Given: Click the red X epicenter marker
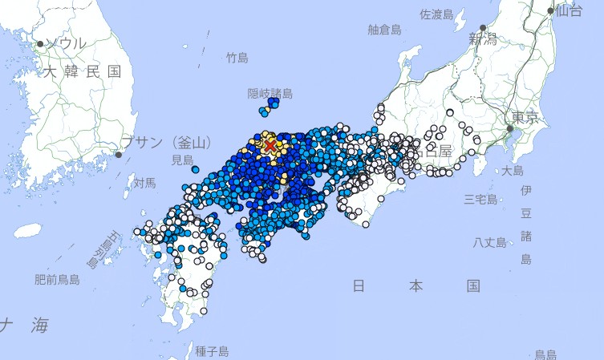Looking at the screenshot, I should [x=270, y=145].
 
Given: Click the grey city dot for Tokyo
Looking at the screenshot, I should [x=509, y=127].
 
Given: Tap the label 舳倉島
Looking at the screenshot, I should [x=384, y=30].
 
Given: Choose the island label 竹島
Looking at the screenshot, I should [x=237, y=58].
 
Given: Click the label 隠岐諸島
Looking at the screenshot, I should [x=269, y=93].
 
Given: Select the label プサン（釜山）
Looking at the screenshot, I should [x=168, y=143].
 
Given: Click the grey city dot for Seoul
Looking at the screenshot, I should [x=40, y=43].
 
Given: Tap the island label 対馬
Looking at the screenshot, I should [x=144, y=184].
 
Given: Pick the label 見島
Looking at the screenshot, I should [x=182, y=160].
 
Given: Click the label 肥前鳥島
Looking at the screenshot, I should [x=57, y=280].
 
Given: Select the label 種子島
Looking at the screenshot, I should [x=212, y=351].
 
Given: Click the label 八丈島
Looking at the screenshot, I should [x=489, y=242].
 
